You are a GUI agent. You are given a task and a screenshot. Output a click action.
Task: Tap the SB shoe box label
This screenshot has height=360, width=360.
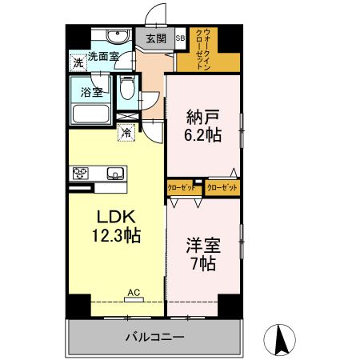click(179, 38)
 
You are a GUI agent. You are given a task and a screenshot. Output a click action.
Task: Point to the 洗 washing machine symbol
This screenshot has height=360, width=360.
click(78, 62)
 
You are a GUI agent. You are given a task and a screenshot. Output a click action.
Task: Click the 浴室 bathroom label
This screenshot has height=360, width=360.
click(91, 93)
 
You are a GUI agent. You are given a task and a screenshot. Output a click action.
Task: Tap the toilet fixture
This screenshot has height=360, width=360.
click(126, 89)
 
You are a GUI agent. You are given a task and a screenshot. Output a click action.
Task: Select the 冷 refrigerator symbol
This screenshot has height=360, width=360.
click(126, 134)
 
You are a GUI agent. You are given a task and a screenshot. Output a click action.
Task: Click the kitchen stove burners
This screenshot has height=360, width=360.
click(82, 173)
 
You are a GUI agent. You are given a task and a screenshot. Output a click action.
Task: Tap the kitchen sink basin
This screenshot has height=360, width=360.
click(114, 173)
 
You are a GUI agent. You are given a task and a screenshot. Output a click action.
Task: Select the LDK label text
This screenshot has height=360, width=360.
click(118, 217)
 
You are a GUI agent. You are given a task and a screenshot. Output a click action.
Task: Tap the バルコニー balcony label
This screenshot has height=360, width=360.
click(154, 337)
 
